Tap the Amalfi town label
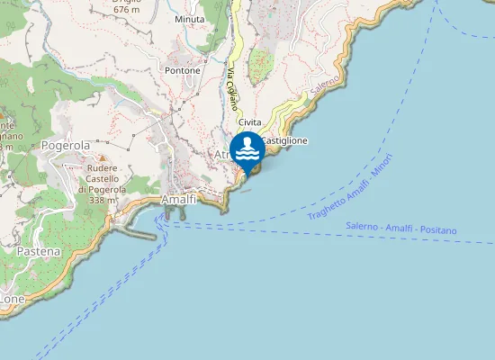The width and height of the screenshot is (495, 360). (179, 199)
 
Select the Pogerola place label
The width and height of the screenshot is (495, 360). (66, 145)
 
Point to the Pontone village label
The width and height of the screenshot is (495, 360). (183, 69)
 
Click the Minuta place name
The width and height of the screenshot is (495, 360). (190, 18)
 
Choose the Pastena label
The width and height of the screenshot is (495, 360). (39, 251)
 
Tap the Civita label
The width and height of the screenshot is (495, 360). (249, 122)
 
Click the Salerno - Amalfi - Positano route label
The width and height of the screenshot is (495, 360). (401, 230)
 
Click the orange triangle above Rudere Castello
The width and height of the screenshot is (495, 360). (102, 158)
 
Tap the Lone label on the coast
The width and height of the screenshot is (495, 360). (11, 299)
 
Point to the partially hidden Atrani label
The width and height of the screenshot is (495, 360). (222, 155)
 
